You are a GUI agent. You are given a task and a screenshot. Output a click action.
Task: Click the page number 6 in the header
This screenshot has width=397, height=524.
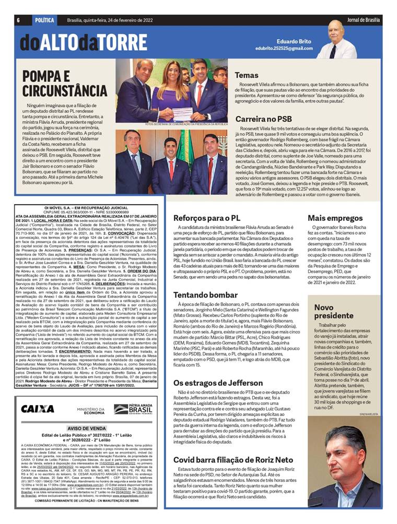coord(18,20)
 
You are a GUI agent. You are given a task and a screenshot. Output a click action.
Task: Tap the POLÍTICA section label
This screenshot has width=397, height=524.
coord(44,20)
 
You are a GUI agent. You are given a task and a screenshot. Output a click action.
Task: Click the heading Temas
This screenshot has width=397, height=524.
coord(246,75)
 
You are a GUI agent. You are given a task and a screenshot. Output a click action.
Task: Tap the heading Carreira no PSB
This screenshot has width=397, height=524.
coord(262,118)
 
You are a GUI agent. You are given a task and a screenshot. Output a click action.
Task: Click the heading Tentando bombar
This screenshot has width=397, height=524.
coord(205,280)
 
